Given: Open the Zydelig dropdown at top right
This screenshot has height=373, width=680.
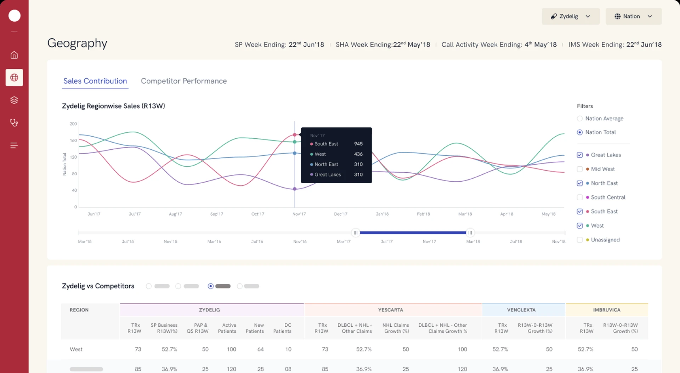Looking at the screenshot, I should (x=571, y=16).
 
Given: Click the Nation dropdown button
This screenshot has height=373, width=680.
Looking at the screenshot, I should (x=633, y=16).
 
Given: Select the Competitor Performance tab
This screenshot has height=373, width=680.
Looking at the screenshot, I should (x=183, y=81).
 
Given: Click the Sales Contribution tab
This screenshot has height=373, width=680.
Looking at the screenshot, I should (x=95, y=81).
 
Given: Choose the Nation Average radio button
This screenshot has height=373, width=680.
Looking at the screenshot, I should (x=579, y=119).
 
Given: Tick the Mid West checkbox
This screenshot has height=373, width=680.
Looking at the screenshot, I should (x=579, y=169).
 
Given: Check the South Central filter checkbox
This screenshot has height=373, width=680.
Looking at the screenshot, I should (x=579, y=197).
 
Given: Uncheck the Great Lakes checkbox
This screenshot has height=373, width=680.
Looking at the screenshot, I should (x=579, y=155).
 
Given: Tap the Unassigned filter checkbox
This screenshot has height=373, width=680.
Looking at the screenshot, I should (x=579, y=240).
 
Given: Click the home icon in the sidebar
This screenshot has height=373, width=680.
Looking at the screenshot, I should (x=14, y=55).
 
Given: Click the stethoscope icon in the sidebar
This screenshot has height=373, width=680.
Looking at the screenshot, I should (x=14, y=123).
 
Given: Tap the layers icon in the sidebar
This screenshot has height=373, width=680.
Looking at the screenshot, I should (x=14, y=100).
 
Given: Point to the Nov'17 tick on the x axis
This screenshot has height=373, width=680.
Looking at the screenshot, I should (x=299, y=214).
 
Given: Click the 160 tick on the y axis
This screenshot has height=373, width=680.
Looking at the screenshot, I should (x=73, y=140).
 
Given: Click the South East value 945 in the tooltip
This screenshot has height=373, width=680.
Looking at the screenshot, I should (x=358, y=144).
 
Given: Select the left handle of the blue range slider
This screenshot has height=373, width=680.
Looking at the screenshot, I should (x=355, y=233).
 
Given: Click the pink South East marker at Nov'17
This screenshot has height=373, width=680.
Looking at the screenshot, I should (x=295, y=135).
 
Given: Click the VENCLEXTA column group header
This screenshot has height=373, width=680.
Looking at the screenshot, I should (x=521, y=310).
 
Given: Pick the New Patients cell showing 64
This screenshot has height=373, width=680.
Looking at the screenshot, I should (x=260, y=349).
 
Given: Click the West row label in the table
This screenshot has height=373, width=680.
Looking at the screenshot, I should (x=76, y=349).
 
